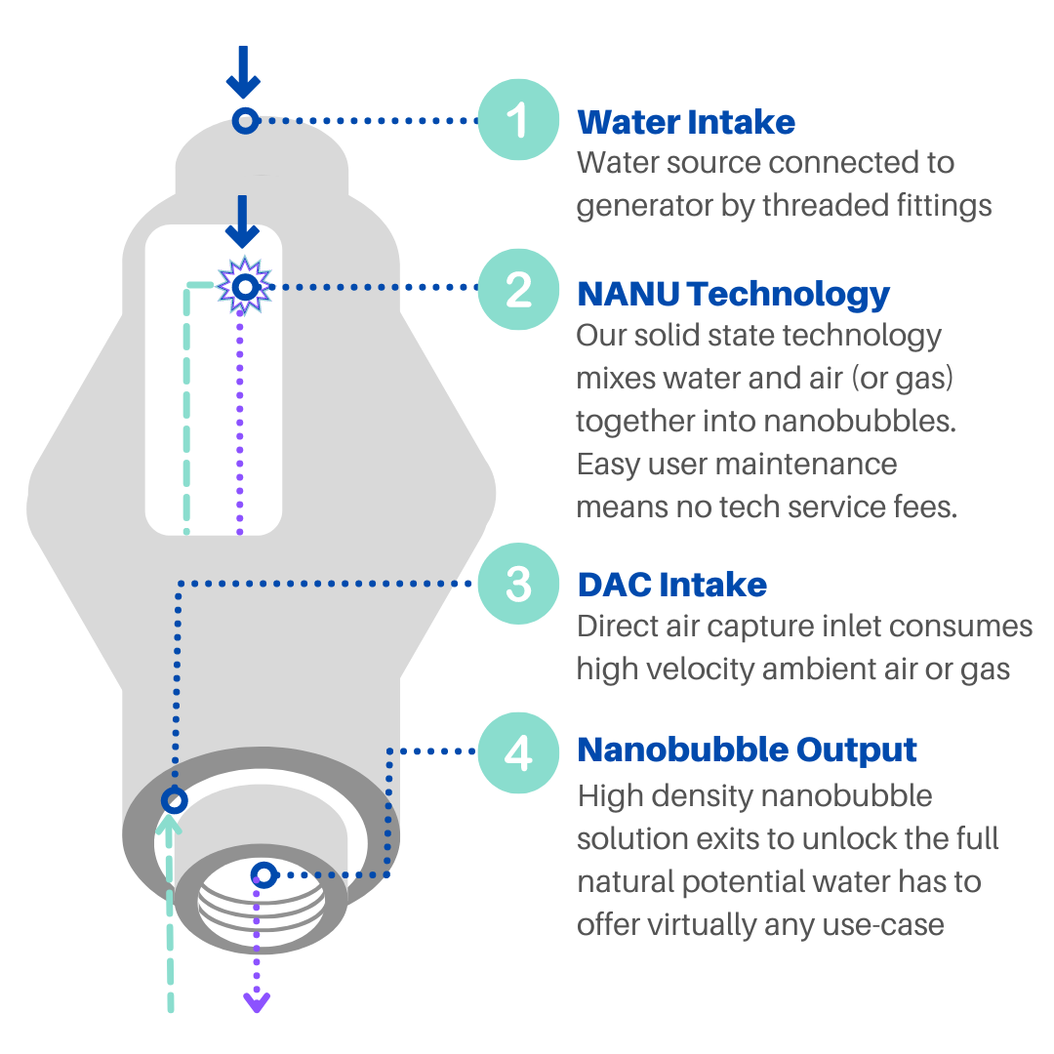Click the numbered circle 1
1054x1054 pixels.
518,120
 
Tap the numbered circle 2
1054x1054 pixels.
518,290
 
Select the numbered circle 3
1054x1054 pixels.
518,584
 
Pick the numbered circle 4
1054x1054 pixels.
518,752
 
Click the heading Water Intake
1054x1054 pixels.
686,122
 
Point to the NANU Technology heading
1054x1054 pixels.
734,293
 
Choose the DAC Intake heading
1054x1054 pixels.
672,585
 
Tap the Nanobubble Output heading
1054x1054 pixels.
748,750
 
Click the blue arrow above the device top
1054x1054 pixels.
243,73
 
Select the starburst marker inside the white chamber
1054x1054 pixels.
244,286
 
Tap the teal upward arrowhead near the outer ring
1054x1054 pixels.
172,827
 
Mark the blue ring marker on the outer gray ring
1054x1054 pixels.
174,801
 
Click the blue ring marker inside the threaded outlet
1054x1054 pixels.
263,874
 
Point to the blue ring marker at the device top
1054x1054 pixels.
244,120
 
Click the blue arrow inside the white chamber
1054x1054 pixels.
242,222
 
